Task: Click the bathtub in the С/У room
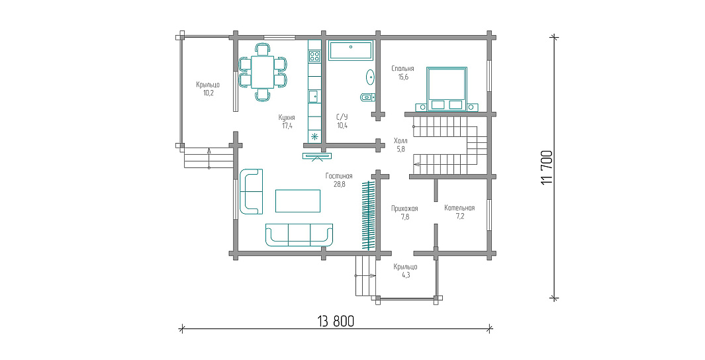point(351,51)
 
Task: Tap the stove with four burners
point(314,56)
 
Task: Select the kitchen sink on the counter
point(313,96)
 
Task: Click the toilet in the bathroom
point(367,97)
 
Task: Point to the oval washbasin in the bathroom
point(371,77)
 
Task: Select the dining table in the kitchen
point(263,72)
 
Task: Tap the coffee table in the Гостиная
point(298,201)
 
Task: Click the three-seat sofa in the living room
point(299,235)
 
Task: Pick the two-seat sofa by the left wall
point(251,191)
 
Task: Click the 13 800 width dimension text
point(336,322)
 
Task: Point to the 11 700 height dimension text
point(547,167)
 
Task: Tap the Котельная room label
point(459,208)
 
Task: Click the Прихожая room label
point(404,208)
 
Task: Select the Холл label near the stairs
point(400,140)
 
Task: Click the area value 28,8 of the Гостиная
point(340,184)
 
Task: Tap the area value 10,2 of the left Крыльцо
point(208,93)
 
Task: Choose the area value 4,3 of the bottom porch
point(406,275)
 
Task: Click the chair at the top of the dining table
point(263,48)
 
